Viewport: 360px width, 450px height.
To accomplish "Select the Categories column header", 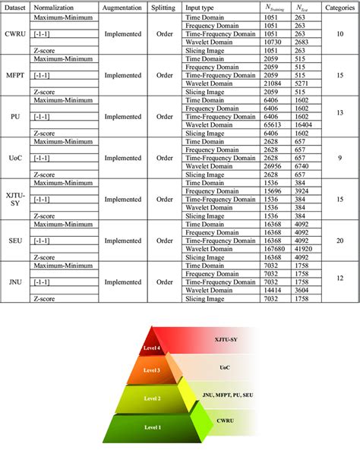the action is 339,5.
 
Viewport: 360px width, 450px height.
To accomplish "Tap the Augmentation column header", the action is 122,5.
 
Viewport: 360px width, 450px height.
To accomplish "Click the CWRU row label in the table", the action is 15,33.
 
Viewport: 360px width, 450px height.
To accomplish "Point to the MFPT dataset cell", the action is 15,75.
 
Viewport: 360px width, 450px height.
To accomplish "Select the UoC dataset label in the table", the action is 15,158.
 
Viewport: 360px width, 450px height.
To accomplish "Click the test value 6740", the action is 302,167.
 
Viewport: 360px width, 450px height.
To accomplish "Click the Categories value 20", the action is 339,241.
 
